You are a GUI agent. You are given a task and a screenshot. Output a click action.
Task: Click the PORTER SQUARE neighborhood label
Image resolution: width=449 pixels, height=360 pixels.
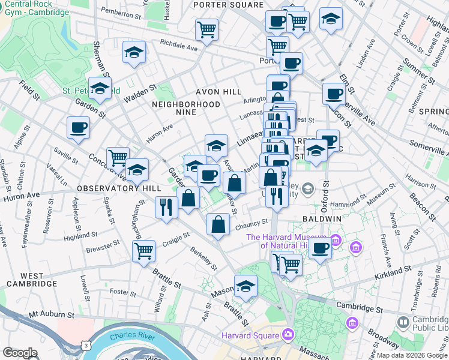pyautogui.click(x=229, y=5)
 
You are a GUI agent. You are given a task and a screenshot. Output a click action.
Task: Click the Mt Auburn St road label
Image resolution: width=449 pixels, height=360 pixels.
pyautogui.click(x=51, y=314)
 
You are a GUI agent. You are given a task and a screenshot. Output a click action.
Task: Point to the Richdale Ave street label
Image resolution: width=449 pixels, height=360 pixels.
pyautogui.click(x=178, y=44)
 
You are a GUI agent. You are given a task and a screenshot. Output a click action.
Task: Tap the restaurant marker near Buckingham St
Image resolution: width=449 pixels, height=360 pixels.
pyautogui.click(x=165, y=207)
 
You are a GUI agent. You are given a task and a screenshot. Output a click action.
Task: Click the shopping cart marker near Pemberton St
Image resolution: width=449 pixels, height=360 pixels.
pyautogui.click(x=206, y=28)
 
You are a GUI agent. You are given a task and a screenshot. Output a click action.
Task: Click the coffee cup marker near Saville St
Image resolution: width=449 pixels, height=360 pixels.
pyautogui.click(x=79, y=127)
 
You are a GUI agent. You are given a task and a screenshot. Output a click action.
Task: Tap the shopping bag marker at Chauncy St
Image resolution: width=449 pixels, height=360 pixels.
pyautogui.click(x=218, y=224)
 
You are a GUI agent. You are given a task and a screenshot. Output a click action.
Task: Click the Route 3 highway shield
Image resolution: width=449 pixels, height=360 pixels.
pyautogui.click(x=88, y=346)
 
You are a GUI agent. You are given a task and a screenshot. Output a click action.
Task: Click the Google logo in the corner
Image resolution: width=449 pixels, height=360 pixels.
pyautogui.click(x=20, y=353)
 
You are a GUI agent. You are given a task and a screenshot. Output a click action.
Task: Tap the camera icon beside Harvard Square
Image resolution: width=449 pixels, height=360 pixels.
pyautogui.click(x=288, y=334)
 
